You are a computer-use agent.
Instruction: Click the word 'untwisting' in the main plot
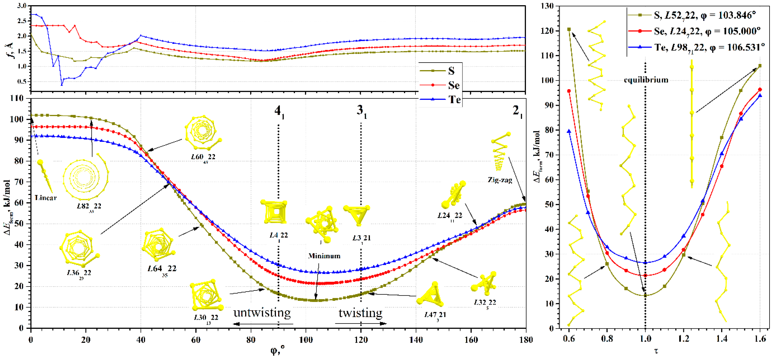[x=262, y=313]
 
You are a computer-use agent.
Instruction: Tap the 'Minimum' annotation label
[x=324, y=256]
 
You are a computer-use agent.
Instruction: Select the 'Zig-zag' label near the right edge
[x=500, y=180]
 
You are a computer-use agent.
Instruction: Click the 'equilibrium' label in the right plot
[x=646, y=80]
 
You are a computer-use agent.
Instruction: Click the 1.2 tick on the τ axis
[x=684, y=339]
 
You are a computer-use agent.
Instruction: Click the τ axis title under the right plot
[x=656, y=351]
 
